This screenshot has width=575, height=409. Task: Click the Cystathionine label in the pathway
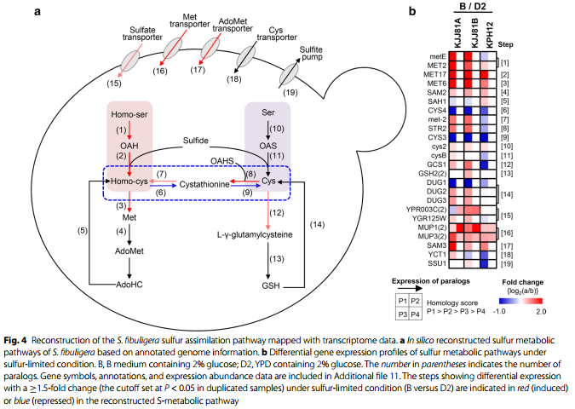click(x=204, y=184)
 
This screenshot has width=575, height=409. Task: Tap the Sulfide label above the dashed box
click(x=195, y=141)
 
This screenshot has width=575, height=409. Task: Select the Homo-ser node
click(x=129, y=114)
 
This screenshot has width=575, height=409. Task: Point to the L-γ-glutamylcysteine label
click(x=255, y=235)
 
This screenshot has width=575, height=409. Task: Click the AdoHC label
click(x=129, y=285)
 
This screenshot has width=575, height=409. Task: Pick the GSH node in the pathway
click(x=271, y=285)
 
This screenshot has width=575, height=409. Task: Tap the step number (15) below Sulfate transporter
click(x=114, y=84)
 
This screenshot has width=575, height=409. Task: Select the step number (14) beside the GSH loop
click(x=317, y=224)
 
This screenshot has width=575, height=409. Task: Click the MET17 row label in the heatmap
click(x=435, y=74)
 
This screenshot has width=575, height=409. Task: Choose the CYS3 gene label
click(x=437, y=137)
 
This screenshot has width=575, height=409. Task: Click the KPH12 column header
click(x=489, y=35)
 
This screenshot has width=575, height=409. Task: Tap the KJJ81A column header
click(x=457, y=32)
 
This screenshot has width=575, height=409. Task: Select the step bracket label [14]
click(x=507, y=194)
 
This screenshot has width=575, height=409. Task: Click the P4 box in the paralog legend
click(x=415, y=314)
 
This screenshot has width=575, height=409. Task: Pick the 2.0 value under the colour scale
click(x=541, y=311)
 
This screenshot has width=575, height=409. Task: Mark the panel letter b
click(x=412, y=11)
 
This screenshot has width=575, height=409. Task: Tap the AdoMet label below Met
click(x=129, y=251)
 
